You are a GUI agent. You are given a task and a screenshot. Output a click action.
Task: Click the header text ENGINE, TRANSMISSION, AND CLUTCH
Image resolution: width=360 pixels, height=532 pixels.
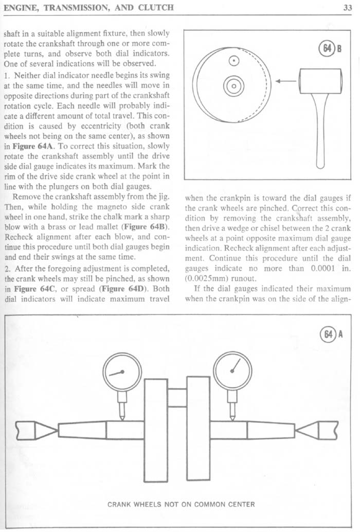pos(88,7)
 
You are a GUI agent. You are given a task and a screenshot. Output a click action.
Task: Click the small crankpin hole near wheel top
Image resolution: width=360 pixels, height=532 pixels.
pos(235,60)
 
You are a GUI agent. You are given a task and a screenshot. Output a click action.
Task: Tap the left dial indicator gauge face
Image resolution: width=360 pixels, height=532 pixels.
pos(122,373)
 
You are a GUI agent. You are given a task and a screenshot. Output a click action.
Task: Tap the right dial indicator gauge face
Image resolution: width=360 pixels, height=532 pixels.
pos(232,371)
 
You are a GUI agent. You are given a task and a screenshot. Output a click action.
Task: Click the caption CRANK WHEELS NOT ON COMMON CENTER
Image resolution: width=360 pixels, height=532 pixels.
pos(181,504)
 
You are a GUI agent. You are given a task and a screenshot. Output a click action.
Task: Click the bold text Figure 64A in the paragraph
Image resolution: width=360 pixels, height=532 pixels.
pos(33,146)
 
